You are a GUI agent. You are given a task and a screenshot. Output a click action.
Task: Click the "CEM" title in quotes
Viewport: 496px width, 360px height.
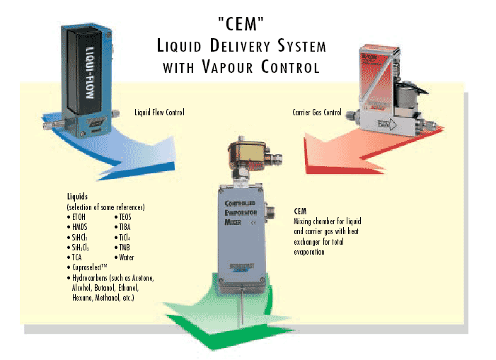(241, 25)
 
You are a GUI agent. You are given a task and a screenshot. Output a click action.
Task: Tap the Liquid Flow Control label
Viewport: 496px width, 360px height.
(159, 112)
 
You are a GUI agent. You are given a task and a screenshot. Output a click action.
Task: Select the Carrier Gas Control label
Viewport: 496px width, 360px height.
(316, 112)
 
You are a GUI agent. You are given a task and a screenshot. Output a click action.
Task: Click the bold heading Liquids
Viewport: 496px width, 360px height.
(78, 197)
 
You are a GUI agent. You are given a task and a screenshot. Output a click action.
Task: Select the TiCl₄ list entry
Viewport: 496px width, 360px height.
(124, 238)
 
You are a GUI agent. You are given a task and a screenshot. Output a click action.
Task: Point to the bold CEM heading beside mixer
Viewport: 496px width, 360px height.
(300, 211)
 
